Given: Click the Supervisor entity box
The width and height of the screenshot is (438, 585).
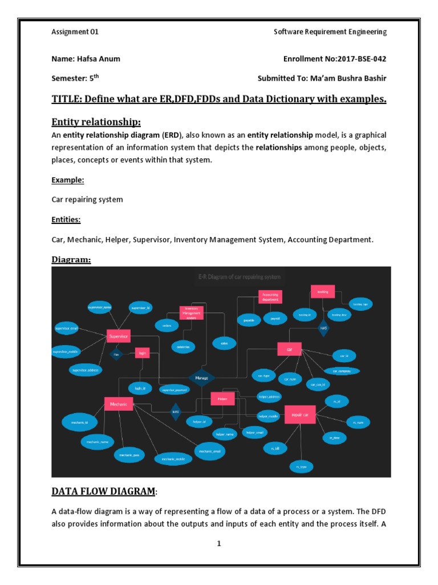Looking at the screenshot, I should (119, 336).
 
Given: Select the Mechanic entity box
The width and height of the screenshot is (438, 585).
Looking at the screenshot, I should (119, 404).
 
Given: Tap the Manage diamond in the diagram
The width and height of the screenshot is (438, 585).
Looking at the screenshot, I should (201, 378).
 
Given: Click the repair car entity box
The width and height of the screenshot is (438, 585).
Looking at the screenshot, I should (299, 414).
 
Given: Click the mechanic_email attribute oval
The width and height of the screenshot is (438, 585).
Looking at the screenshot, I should (209, 451).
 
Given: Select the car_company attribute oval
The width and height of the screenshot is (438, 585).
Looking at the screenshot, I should (342, 371).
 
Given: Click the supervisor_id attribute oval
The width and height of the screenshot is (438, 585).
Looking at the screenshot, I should (141, 308).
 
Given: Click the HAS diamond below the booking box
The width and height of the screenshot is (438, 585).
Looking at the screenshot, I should (323, 329).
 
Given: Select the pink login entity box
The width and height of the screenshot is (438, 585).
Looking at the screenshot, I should (142, 354).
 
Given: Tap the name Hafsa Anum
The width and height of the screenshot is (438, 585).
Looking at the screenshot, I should (98, 59).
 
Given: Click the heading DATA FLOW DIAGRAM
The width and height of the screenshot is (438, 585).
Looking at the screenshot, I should (103, 491).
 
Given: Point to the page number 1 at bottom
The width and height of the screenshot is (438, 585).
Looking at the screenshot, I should (218, 543).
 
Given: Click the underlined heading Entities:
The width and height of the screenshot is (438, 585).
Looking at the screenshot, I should (66, 219).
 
